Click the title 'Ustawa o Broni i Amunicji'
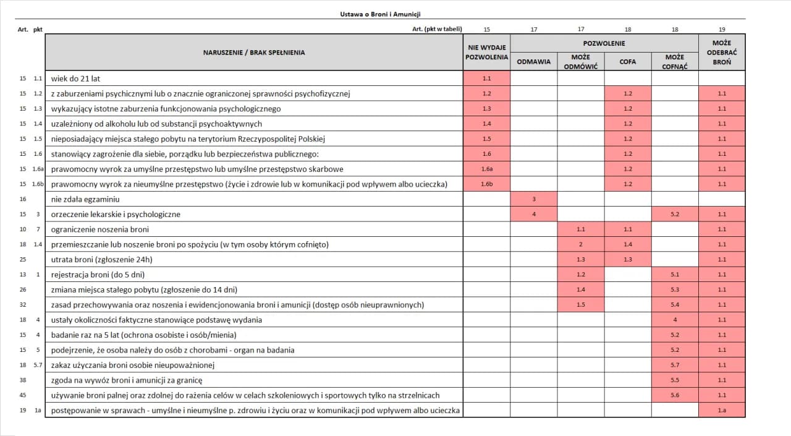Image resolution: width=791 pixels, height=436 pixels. [380, 14]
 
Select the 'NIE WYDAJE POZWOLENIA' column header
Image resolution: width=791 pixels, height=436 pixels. [486, 53]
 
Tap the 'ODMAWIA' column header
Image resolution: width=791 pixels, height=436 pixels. [533, 62]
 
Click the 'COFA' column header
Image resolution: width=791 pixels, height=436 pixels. [628, 62]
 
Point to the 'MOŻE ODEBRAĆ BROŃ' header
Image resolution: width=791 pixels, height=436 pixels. [722, 53]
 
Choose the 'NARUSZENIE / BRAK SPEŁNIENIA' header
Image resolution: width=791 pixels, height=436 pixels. [254, 53]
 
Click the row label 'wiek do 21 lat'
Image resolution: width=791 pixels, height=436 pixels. [75, 79]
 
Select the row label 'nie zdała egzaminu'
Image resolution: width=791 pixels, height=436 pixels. [85, 199]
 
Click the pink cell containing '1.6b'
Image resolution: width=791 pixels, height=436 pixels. [486, 184]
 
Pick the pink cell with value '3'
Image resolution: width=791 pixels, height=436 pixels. [534, 199]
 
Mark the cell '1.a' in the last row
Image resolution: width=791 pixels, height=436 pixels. [722, 410]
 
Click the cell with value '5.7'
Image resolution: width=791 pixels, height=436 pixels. [675, 365]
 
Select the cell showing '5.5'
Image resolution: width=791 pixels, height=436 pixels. [675, 380]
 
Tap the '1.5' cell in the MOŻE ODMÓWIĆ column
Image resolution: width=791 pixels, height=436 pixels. [581, 304]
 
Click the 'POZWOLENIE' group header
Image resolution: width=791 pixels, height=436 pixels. [604, 43]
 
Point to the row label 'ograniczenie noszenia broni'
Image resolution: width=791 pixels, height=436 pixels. [91, 229]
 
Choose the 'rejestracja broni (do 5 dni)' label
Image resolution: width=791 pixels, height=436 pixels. [98, 275]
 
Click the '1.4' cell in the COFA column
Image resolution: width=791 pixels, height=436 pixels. [628, 244]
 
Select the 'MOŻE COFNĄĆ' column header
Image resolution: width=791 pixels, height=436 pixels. [675, 62]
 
